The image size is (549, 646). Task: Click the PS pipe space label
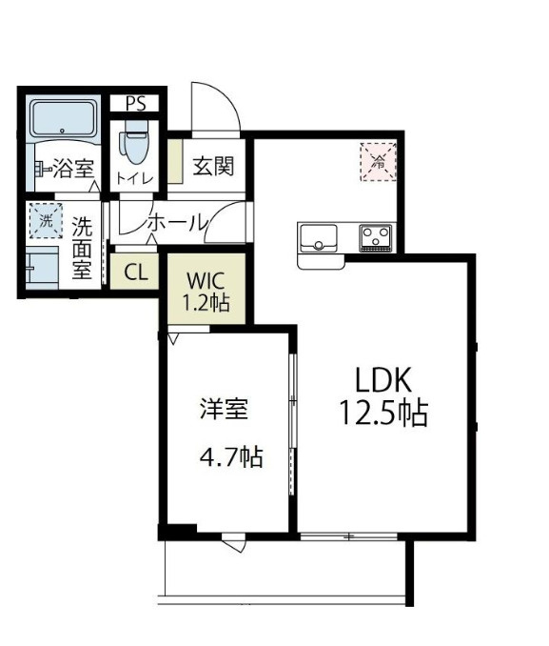tap(135, 104)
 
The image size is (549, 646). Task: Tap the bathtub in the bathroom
tap(63, 118)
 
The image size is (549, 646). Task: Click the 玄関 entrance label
tap(213, 166)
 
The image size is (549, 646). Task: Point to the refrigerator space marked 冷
tap(378, 162)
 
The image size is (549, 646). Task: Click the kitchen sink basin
tap(319, 238)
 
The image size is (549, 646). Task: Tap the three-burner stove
tap(376, 237)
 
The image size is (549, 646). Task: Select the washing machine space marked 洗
tap(46, 221)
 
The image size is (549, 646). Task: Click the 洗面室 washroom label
tap(83, 248)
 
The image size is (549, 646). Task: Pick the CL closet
tap(134, 272)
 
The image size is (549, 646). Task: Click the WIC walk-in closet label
tap(206, 281)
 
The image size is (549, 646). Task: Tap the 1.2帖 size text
tap(206, 303)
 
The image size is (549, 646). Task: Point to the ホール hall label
tap(177, 224)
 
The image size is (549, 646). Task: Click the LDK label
tap(383, 379)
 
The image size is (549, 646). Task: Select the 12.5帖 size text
tap(383, 412)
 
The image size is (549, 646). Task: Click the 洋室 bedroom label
tap(225, 409)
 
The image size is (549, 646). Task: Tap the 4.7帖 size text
tap(231, 456)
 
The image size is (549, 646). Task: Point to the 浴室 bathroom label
tap(74, 168)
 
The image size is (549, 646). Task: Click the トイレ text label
tap(135, 179)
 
